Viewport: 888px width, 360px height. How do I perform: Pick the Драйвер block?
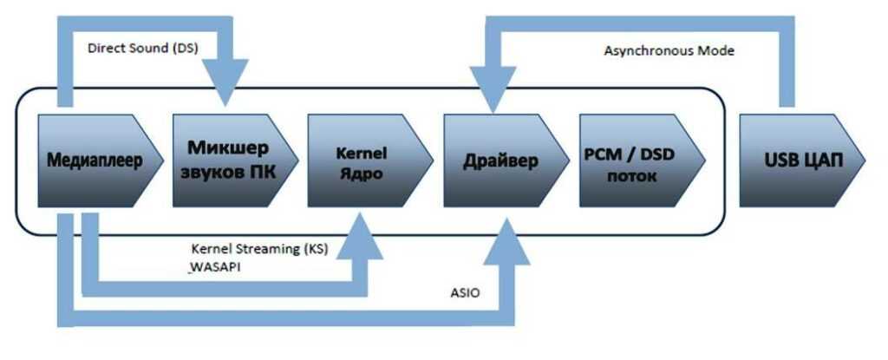point(499,162)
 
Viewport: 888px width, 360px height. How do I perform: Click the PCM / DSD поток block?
point(633,162)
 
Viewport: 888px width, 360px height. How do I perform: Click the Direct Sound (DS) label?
point(143,48)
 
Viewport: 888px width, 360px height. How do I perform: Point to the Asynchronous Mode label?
point(669,50)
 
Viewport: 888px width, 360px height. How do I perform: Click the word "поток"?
point(633,175)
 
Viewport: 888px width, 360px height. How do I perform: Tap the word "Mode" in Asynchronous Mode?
point(717,50)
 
